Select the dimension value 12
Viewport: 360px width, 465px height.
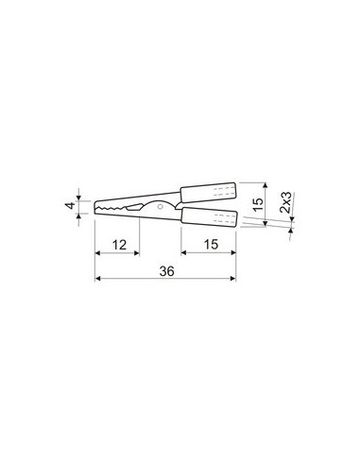pyautogui.click(x=116, y=244)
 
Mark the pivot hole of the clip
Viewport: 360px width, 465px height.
pyautogui.click(x=163, y=206)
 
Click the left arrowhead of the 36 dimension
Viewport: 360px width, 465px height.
pyautogui.click(x=98, y=279)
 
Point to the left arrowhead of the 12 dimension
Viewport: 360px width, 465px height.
pyautogui.click(x=98, y=253)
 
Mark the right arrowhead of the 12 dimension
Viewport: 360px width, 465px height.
pyautogui.click(x=138, y=253)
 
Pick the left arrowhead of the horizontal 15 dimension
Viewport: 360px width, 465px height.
pyautogui.click(x=182, y=253)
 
